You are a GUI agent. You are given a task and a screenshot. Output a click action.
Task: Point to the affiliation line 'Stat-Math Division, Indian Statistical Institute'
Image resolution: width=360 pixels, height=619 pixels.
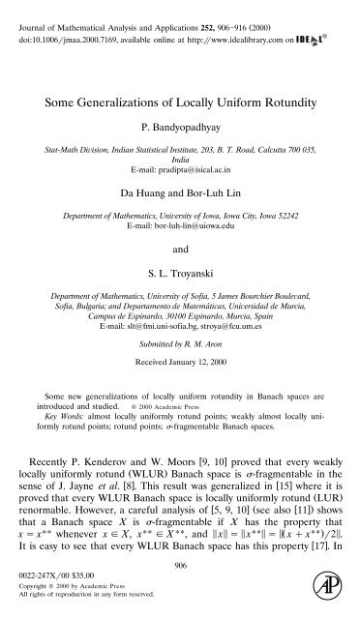click(x=180, y=153)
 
